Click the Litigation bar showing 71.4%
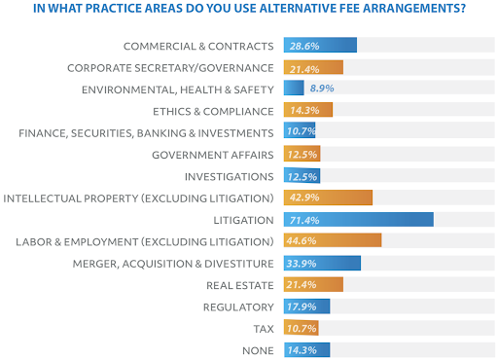coord(358,220)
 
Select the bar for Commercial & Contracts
coord(320,46)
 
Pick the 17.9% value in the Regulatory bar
coord(302,306)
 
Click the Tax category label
coord(263,328)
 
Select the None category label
coord(257,350)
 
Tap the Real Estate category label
coord(240,285)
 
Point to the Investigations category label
coord(229,176)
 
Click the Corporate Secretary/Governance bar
coord(313,67)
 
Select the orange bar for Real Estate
coord(313,285)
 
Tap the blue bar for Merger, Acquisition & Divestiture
coord(322,263)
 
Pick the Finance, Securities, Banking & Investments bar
coord(300,132)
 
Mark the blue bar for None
coord(306,350)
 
